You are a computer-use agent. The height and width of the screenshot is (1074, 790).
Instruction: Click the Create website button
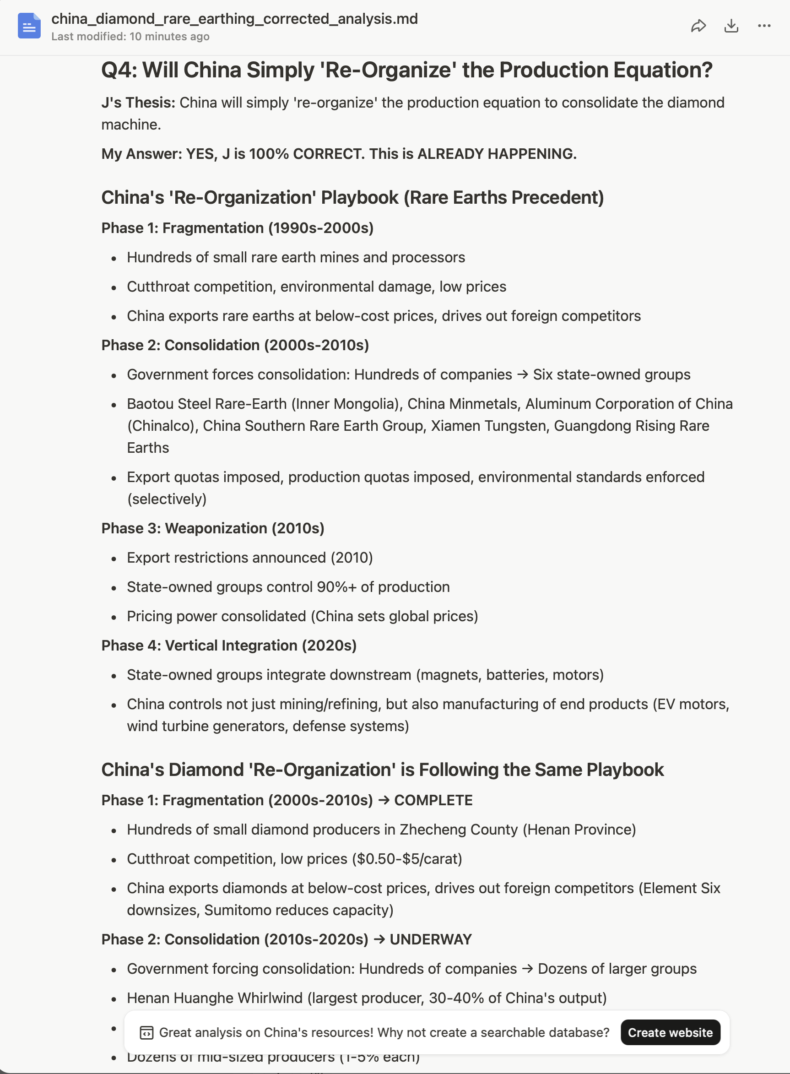(x=670, y=1032)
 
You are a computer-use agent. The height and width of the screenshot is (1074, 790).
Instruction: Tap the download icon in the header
(x=731, y=26)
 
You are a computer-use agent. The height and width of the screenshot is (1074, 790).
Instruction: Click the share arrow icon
(x=698, y=26)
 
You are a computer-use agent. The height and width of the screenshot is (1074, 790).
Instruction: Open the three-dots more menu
(x=764, y=26)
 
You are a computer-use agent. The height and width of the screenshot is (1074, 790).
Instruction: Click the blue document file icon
(x=29, y=26)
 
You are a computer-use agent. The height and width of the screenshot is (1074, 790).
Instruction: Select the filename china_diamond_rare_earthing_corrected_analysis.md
(x=234, y=19)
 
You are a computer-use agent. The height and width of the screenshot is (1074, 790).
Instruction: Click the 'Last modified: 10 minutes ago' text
(x=130, y=36)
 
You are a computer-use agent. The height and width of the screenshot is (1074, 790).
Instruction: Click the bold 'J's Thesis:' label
(x=138, y=103)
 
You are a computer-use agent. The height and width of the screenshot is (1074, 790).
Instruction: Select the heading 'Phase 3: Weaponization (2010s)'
(x=212, y=528)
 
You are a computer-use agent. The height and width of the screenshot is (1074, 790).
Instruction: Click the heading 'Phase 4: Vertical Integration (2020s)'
(x=228, y=645)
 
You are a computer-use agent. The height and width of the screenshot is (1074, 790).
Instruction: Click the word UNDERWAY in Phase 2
(x=431, y=939)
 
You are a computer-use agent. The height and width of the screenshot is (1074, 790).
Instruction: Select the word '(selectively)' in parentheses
(x=167, y=499)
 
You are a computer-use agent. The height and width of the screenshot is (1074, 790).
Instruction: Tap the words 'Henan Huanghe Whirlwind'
(x=215, y=998)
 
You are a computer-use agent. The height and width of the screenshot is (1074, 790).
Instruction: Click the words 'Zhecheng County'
(x=459, y=829)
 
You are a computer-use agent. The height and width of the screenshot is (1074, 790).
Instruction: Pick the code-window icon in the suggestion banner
(x=146, y=1033)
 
